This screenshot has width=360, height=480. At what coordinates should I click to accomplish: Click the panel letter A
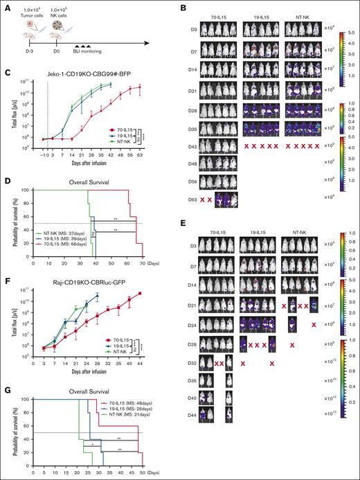tap(5, 6)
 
